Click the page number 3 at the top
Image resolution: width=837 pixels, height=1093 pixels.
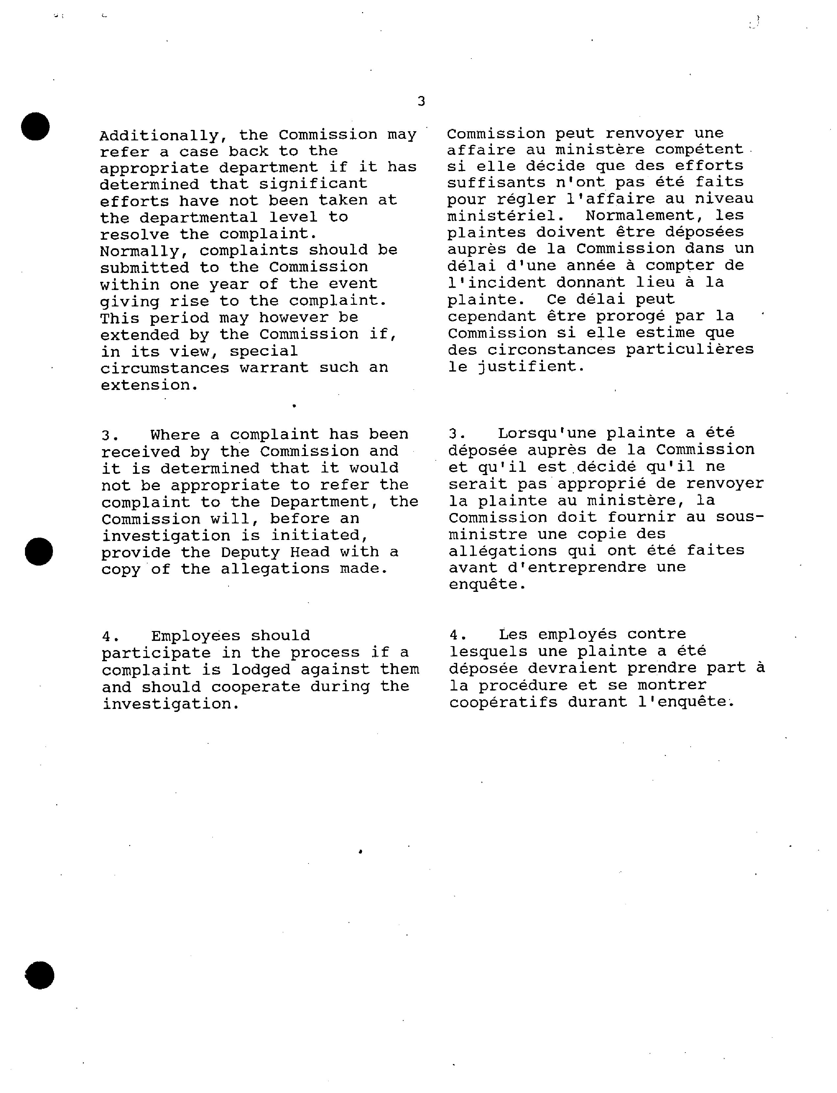click(x=421, y=102)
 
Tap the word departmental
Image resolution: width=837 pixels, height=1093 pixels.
click(x=198, y=218)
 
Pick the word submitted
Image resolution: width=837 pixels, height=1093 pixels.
click(x=144, y=268)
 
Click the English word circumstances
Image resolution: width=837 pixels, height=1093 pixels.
click(x=164, y=368)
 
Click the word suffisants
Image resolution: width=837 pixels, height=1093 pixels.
click(x=496, y=183)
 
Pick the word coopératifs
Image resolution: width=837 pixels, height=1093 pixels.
click(x=503, y=702)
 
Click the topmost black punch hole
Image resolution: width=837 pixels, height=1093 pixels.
click(x=36, y=127)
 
